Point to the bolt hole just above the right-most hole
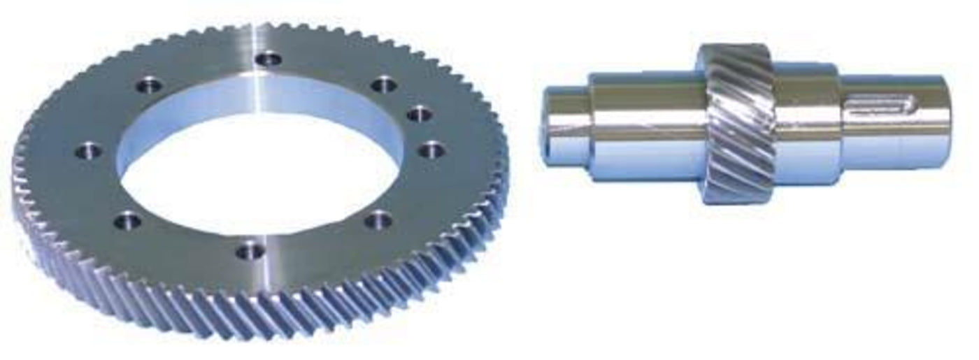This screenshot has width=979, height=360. [x=418, y=114]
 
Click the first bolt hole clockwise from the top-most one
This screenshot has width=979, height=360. [x=384, y=85]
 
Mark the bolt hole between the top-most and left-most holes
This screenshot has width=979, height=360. [x=149, y=87]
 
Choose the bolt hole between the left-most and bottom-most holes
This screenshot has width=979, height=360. [x=127, y=222]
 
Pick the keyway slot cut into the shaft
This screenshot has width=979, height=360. [x=881, y=106]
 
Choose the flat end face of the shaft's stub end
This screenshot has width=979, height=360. [x=546, y=126]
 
